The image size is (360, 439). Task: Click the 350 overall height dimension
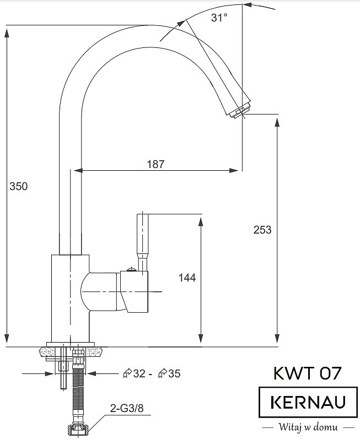coord(19,186)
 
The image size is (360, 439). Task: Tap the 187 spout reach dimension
coord(155,164)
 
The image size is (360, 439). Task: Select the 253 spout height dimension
coord(262,230)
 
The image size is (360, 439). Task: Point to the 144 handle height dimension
coord(187,278)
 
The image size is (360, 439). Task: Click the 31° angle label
coord(219,18)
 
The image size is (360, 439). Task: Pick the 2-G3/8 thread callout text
coord(127,408)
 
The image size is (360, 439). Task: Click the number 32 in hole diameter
coord(139,373)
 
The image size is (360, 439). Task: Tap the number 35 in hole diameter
coord(174,373)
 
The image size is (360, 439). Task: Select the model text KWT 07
coord(307,373)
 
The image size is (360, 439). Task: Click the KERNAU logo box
coord(308,402)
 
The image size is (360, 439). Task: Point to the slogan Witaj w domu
coord(308,427)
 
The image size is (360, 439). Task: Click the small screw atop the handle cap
coord(131,269)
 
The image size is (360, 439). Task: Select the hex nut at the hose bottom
coord(79,429)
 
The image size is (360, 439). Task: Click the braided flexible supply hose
coord(78,392)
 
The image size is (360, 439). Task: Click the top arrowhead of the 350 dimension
coord(7,32)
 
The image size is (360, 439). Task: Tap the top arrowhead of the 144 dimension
coord(201,221)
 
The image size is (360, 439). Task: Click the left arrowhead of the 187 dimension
coord(78,170)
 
